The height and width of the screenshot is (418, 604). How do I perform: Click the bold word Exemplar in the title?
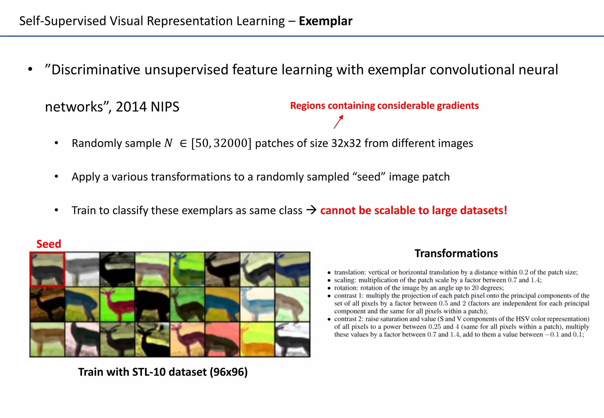point(325,21)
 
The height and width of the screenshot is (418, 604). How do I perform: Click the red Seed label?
point(49,244)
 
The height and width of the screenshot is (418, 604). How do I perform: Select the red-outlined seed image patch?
point(47,269)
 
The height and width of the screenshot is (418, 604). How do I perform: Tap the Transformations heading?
point(456,254)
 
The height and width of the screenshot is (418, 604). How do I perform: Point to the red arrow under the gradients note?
point(339,122)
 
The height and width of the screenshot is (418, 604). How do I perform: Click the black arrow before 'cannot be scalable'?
point(311,210)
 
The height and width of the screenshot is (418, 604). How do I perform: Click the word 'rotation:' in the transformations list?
point(346,288)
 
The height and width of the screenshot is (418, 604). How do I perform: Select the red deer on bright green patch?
point(117,305)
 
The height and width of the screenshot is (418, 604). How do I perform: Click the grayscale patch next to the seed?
point(82,269)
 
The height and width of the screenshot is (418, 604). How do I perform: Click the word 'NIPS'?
point(165,107)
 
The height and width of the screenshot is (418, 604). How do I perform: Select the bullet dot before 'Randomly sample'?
point(56,143)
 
